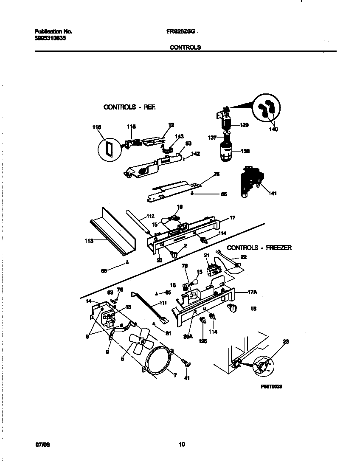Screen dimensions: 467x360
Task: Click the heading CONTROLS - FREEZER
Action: pyautogui.click(x=259, y=248)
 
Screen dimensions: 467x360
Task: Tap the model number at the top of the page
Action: pyautogui.click(x=181, y=31)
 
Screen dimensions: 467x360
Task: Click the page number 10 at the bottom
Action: pyautogui.click(x=182, y=444)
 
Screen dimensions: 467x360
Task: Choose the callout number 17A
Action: pyautogui.click(x=253, y=293)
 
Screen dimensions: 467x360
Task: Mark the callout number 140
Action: pyautogui.click(x=273, y=129)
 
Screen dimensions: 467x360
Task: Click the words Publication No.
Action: pyautogui.click(x=53, y=31)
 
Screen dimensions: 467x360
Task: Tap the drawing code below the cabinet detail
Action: pyautogui.click(x=272, y=387)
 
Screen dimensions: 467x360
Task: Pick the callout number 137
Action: pyautogui.click(x=212, y=137)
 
